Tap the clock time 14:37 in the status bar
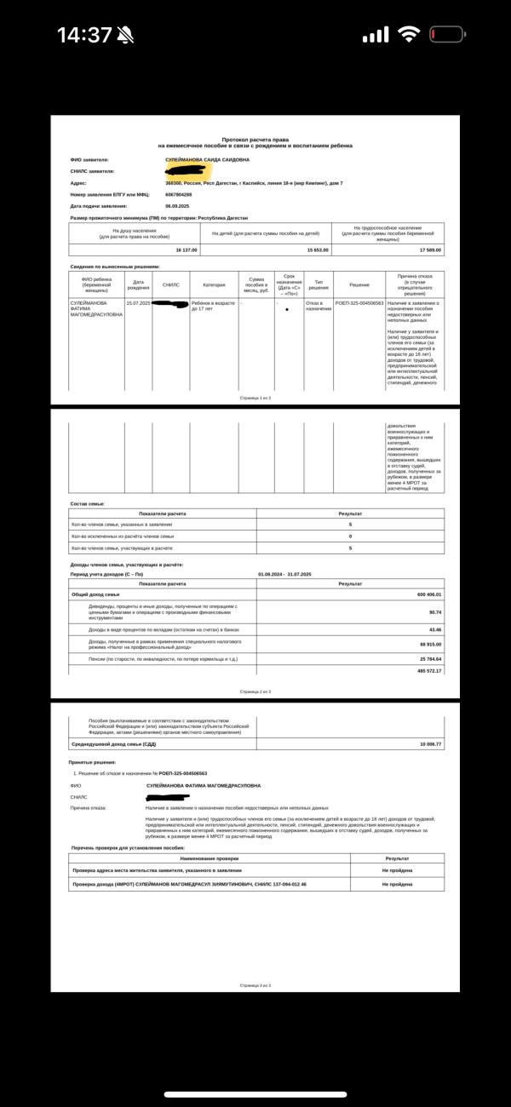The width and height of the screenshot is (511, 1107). [x=84, y=35]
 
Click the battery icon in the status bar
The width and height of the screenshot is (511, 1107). [x=447, y=35]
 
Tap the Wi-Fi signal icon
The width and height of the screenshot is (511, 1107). [x=409, y=35]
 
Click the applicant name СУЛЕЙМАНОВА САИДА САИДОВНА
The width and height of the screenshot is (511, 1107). [x=207, y=159]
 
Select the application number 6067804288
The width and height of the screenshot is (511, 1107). [x=179, y=194]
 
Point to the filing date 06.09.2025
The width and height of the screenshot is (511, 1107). [x=177, y=206]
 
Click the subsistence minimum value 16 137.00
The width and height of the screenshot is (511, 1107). [x=186, y=250]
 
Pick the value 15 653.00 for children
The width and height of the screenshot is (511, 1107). [x=318, y=250]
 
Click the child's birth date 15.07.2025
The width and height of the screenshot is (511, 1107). [x=138, y=303]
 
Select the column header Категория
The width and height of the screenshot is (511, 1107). [x=214, y=284]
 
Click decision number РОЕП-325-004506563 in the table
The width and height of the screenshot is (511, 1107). [x=359, y=303]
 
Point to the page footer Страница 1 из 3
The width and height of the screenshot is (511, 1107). [x=255, y=398]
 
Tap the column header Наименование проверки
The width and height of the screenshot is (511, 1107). [x=210, y=858]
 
